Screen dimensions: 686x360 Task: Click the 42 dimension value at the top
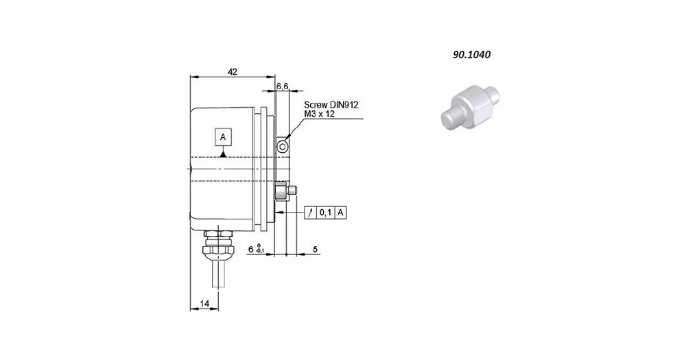233,71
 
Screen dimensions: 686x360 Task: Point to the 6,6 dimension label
282,86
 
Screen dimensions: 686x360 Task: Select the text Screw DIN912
331,105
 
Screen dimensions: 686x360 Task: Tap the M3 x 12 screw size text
320,114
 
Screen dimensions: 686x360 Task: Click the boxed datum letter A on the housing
223,137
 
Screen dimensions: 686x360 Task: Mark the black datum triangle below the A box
223,154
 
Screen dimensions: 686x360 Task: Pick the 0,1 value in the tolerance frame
325,213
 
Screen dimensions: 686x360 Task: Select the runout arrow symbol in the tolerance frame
310,213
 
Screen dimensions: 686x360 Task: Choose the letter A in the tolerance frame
341,213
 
